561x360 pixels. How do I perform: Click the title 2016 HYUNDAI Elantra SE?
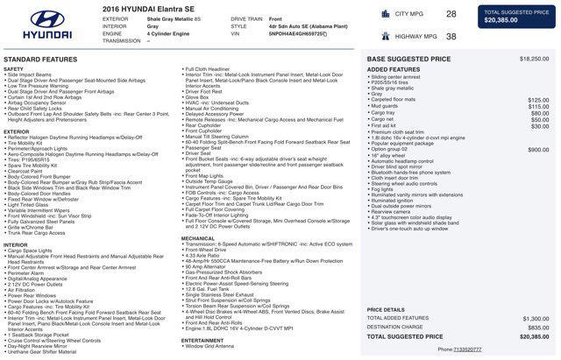click(x=142, y=8)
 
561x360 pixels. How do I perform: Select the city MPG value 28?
click(x=451, y=14)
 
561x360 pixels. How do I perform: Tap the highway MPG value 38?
click(x=451, y=37)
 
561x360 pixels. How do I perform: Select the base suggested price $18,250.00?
click(x=534, y=59)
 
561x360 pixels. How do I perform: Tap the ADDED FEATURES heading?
click(x=394, y=69)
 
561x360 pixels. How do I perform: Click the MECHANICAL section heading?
click(x=198, y=238)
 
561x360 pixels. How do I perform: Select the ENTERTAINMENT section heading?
click(x=202, y=340)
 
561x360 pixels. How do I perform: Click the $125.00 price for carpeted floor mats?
click(x=538, y=100)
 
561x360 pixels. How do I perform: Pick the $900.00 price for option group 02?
click(x=538, y=150)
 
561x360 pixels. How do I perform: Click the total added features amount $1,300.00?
click(x=536, y=318)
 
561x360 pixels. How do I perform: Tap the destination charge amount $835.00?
click(x=538, y=327)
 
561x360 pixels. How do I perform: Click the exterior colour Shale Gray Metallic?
click(x=174, y=18)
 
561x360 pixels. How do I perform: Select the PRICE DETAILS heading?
click(x=387, y=309)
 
